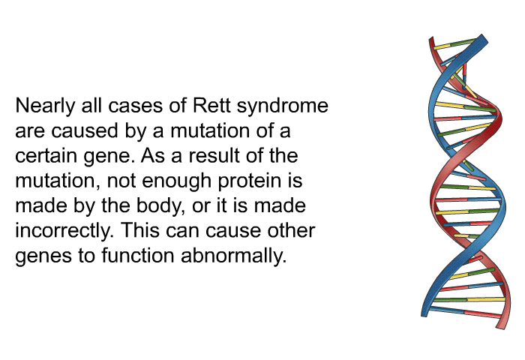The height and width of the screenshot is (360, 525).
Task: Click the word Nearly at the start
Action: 45,106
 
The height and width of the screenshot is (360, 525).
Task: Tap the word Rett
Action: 211,105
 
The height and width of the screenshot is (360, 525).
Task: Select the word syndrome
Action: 282,106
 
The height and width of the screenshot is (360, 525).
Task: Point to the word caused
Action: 85,130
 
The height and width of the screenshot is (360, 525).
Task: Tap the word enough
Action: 177,181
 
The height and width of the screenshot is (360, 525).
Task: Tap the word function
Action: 138,256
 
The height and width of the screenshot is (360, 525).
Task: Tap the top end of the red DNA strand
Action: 431,40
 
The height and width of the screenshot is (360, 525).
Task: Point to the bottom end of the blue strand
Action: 424,315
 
